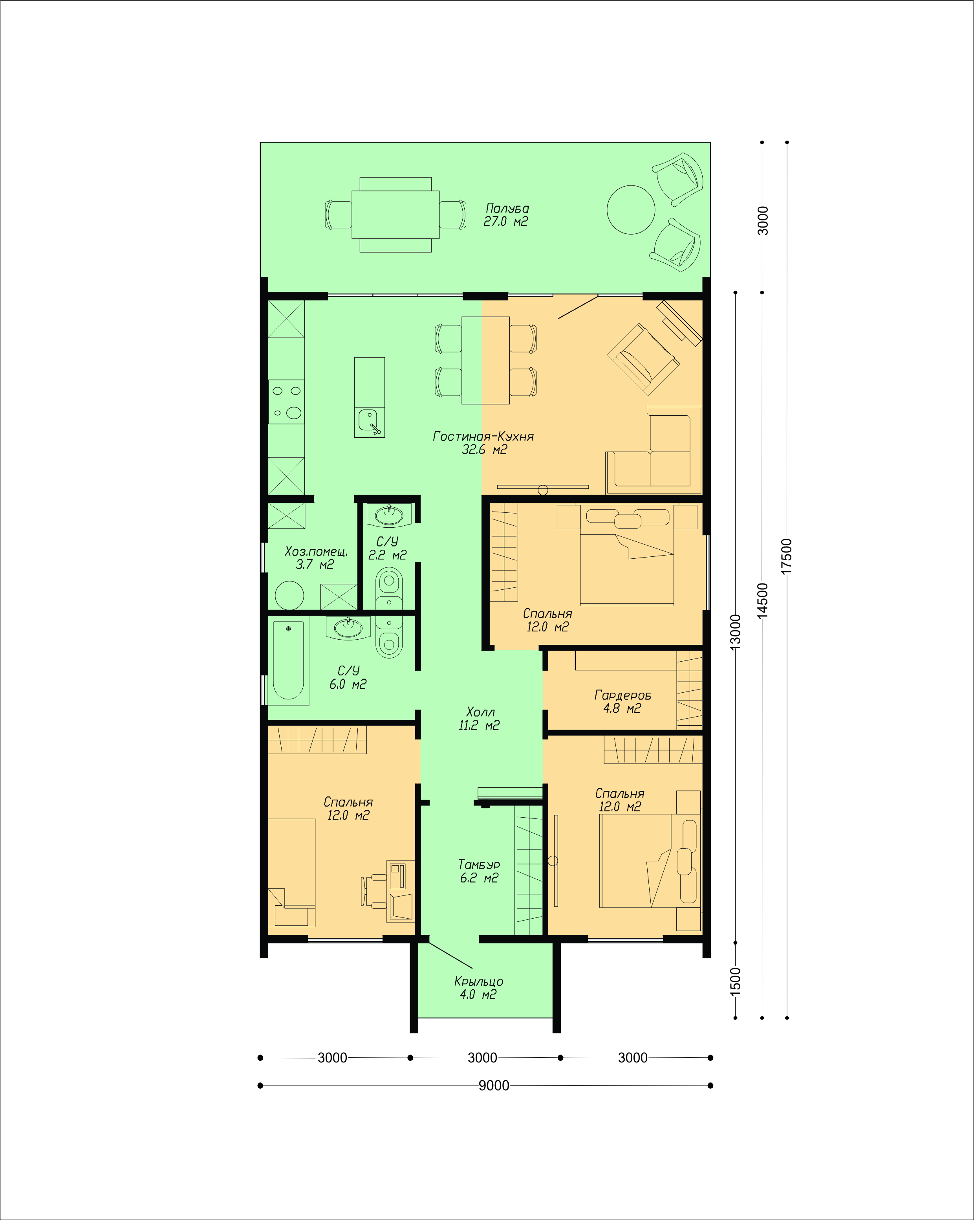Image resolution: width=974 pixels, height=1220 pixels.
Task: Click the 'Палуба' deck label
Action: pos(507,208)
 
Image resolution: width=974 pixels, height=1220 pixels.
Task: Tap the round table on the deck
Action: pos(631,209)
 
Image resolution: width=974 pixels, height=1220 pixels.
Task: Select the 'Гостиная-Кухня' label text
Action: pos(483,436)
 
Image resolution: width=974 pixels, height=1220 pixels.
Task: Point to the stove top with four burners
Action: pos(286,402)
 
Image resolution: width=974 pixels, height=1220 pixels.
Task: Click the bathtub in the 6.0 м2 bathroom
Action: pos(288,659)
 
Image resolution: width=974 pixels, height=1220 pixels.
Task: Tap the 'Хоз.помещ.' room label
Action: pos(316,551)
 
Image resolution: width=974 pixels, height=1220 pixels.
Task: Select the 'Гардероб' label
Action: pos(623,695)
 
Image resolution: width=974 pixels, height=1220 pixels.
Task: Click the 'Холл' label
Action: pos(480,712)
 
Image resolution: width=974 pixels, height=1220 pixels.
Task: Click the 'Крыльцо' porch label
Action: pos(478,981)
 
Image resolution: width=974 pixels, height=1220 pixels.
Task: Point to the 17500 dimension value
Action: pos(787,556)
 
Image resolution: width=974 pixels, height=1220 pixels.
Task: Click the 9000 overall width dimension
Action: pos(494,1085)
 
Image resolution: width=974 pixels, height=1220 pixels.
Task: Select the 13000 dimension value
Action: pos(735,632)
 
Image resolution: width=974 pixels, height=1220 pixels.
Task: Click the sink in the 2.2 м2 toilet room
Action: pos(389,515)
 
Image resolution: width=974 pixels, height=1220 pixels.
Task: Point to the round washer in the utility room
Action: pos(289,595)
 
